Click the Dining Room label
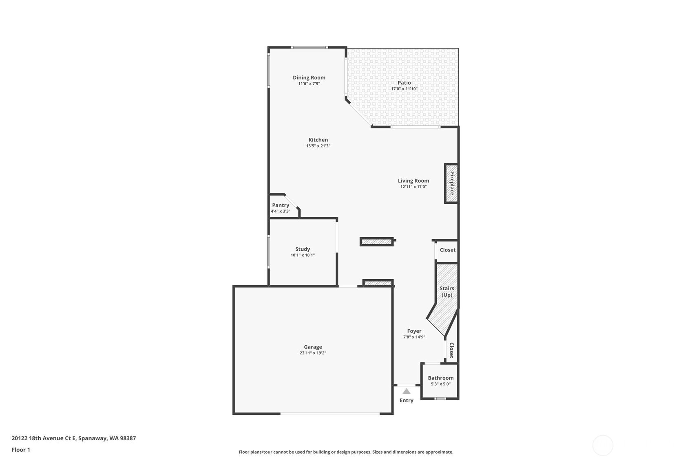[x=309, y=77]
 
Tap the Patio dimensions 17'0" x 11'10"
[x=404, y=88]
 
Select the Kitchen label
[x=318, y=140]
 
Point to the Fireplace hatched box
[x=451, y=183]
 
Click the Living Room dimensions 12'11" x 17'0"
[x=413, y=187]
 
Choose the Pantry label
[x=281, y=205]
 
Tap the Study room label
[x=303, y=249]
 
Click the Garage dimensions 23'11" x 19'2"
[x=313, y=353]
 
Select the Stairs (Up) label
[x=447, y=292]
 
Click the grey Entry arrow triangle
[x=407, y=392]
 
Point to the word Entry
[x=406, y=401]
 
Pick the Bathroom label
[x=440, y=378]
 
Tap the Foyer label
[x=414, y=331]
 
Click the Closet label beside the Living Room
[x=448, y=250]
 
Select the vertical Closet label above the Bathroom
[x=451, y=351]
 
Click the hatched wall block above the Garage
[x=378, y=283]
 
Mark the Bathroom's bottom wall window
[x=440, y=399]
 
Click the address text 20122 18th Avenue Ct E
[x=44, y=438]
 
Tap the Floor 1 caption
[x=21, y=450]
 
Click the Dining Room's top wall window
[x=309, y=48]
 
